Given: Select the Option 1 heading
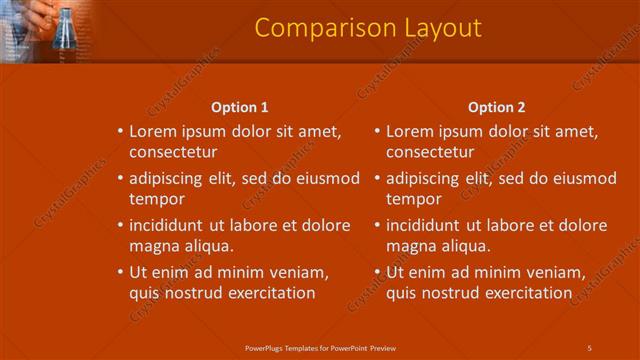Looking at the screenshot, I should (x=240, y=108).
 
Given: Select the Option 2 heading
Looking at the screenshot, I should (x=496, y=108).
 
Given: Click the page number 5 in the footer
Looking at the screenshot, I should (x=590, y=347).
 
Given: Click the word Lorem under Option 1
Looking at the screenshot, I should (x=153, y=131).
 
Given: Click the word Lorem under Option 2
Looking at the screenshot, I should (x=409, y=131).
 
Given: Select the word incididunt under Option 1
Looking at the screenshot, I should (x=171, y=225).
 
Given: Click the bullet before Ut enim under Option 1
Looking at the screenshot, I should (x=120, y=272).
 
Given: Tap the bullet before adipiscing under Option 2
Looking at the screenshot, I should (x=377, y=179).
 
